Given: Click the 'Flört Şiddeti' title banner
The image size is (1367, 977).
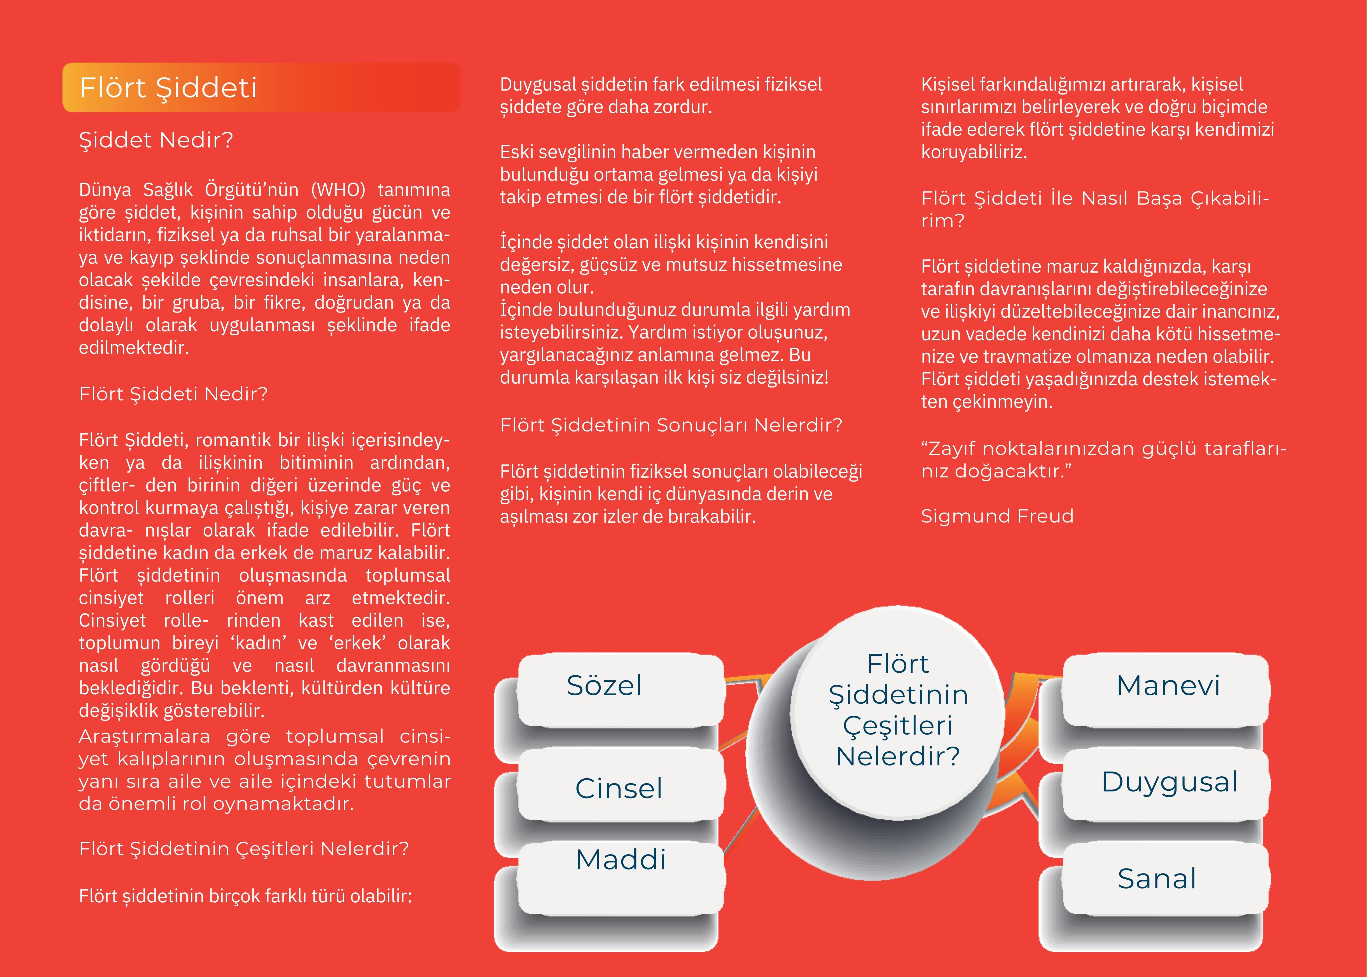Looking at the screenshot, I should [261, 88].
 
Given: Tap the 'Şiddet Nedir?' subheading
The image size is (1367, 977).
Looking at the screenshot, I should [156, 140].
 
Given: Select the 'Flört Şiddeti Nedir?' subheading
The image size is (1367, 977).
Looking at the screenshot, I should [173, 394].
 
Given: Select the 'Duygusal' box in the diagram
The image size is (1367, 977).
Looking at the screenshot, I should [1169, 782].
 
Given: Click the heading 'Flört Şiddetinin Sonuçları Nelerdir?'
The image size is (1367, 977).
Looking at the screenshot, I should [671, 425].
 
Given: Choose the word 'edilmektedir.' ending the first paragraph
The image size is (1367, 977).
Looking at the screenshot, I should [133, 348].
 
